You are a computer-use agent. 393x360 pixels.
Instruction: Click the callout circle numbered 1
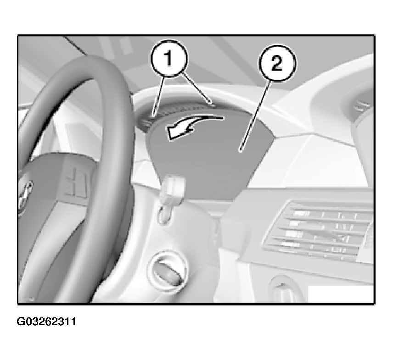(x=168, y=58)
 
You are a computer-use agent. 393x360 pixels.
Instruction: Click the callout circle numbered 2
(x=277, y=63)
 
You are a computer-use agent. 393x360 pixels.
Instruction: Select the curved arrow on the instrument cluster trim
(x=193, y=127)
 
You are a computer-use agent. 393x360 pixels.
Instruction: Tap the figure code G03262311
(x=46, y=321)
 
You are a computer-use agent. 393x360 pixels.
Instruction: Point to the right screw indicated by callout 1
(x=213, y=105)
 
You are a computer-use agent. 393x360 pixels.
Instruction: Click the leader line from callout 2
(x=256, y=116)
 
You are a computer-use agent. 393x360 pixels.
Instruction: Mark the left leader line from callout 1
(x=158, y=96)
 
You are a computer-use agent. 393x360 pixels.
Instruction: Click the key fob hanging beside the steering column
(x=173, y=189)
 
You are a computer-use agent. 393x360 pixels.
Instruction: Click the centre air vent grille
(x=317, y=230)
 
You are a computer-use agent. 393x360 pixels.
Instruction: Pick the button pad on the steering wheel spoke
(x=75, y=182)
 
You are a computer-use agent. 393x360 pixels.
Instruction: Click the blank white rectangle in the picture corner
(x=340, y=294)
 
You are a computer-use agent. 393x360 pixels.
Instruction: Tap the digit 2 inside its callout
(x=277, y=63)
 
